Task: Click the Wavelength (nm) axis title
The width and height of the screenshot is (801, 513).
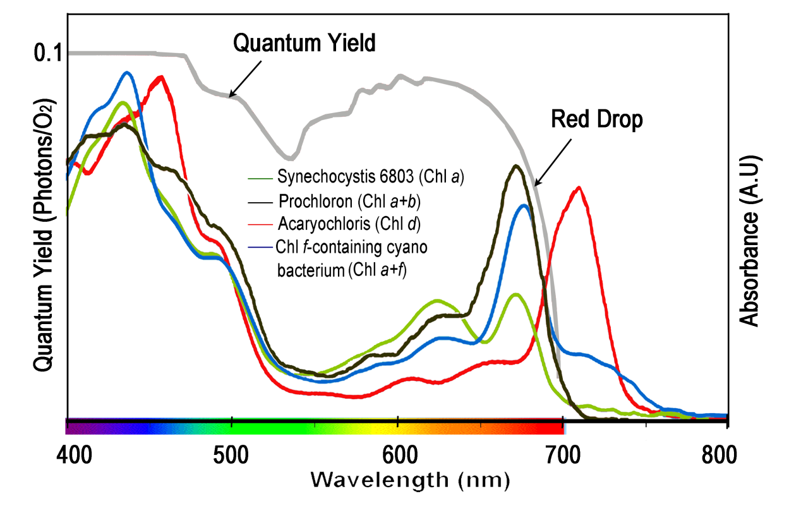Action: pos(409,480)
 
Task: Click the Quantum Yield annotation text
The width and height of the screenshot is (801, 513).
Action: pos(304,44)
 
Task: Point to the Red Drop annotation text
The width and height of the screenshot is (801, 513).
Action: pos(596,119)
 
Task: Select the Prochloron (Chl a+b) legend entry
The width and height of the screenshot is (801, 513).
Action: pos(349,202)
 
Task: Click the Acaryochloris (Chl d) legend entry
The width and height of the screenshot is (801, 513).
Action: pos(349,224)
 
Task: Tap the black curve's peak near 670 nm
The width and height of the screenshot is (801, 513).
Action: pos(517,166)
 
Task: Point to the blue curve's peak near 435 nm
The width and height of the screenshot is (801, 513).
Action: pos(128,73)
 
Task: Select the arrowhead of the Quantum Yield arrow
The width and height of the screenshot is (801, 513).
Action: pos(231,95)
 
